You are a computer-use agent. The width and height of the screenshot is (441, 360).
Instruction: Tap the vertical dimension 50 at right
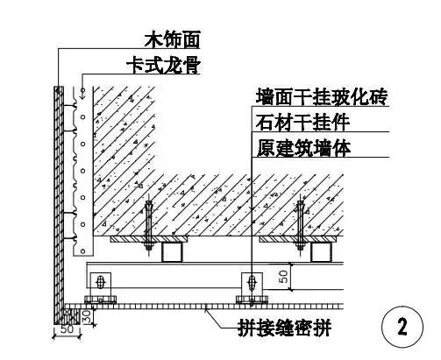[283, 277]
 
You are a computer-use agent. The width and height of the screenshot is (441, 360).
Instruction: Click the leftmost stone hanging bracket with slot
[101, 286]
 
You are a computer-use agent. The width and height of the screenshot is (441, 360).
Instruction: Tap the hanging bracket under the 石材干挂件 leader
[252, 286]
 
